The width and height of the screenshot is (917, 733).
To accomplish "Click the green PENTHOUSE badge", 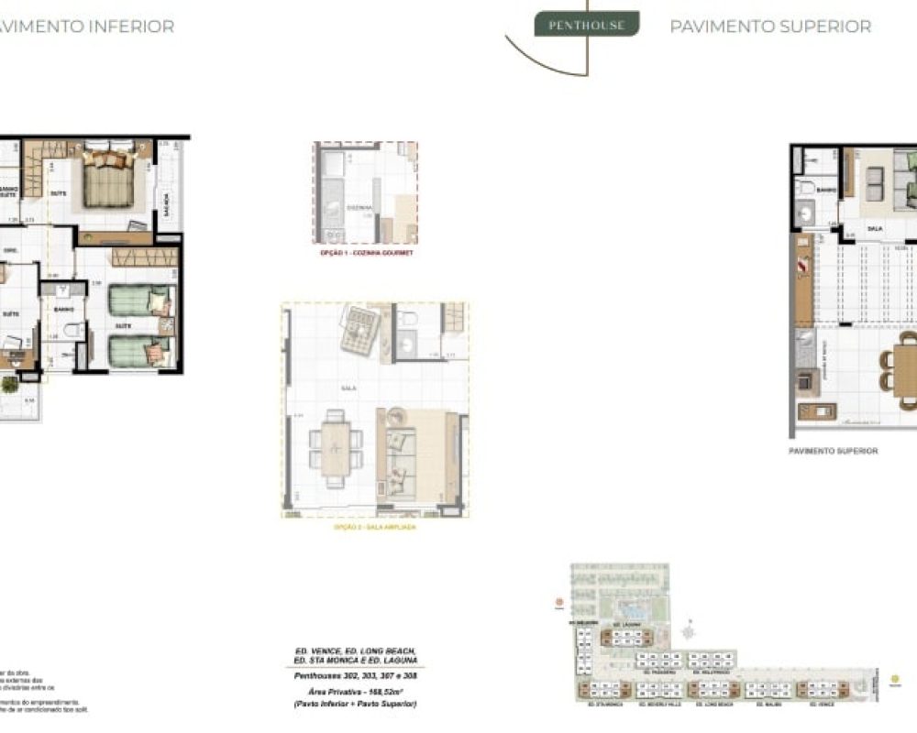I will [586, 25].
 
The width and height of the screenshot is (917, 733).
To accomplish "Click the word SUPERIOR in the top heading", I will [819, 27].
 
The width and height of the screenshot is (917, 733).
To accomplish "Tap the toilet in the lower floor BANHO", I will [61, 292].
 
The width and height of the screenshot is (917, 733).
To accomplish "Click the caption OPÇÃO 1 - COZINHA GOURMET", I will [364, 252].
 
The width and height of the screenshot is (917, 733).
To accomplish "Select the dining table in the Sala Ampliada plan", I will [336, 446].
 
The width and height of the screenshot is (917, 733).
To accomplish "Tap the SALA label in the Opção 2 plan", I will [349, 388].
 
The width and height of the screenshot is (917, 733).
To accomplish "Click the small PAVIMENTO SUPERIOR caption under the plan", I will [833, 451].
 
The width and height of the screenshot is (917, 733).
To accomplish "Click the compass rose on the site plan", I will [690, 631].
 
